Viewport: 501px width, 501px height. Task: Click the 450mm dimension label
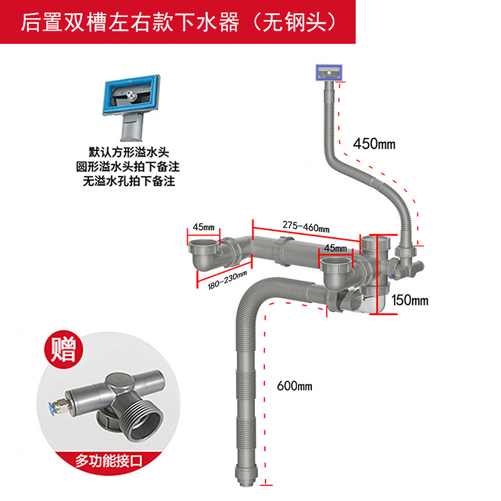[x=374, y=143]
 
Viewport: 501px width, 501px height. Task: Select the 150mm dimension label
[x=410, y=300]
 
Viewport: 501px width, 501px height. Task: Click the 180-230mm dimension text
[x=227, y=281]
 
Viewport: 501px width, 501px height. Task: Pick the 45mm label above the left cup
[x=203, y=226]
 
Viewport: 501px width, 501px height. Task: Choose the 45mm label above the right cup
[x=334, y=249]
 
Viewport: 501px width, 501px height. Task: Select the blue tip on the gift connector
[x=49, y=407]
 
